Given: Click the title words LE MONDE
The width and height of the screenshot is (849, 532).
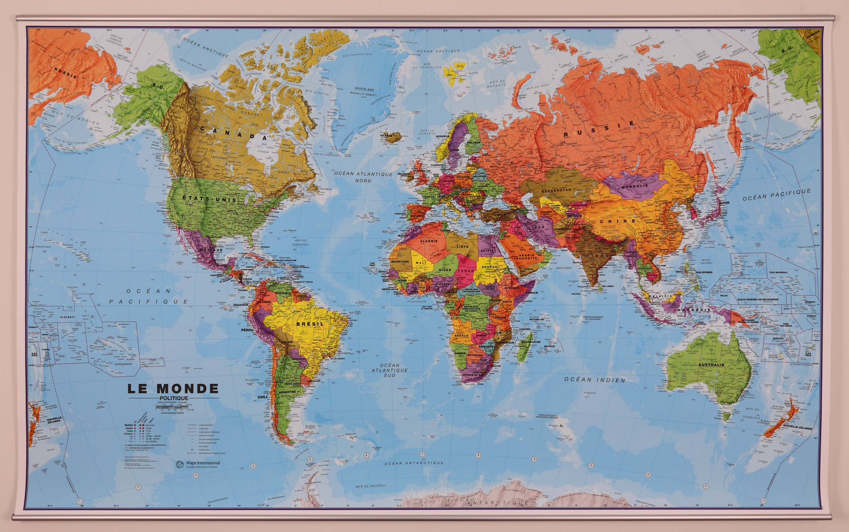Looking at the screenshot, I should pyautogui.click(x=173, y=388).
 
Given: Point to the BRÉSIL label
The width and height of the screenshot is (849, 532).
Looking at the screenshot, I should pyautogui.click(x=310, y=324).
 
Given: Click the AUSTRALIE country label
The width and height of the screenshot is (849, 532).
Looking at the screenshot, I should pyautogui.click(x=711, y=365).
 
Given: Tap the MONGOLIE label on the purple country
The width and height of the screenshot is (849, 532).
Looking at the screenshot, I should pyautogui.click(x=634, y=186).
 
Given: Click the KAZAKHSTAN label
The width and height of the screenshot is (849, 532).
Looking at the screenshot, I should pyautogui.click(x=556, y=191).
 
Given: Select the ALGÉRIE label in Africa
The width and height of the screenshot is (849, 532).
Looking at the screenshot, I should pyautogui.click(x=428, y=241).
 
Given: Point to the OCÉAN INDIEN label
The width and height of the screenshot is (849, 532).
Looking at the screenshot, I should pyautogui.click(x=594, y=380).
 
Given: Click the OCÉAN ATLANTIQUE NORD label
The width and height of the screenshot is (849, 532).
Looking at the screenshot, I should pyautogui.click(x=363, y=177).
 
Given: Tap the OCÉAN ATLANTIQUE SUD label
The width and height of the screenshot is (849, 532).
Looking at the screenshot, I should pyautogui.click(x=389, y=370).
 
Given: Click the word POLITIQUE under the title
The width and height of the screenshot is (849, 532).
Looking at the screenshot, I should pyautogui.click(x=173, y=398).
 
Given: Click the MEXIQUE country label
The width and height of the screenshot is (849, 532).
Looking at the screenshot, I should pyautogui.click(x=211, y=249).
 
